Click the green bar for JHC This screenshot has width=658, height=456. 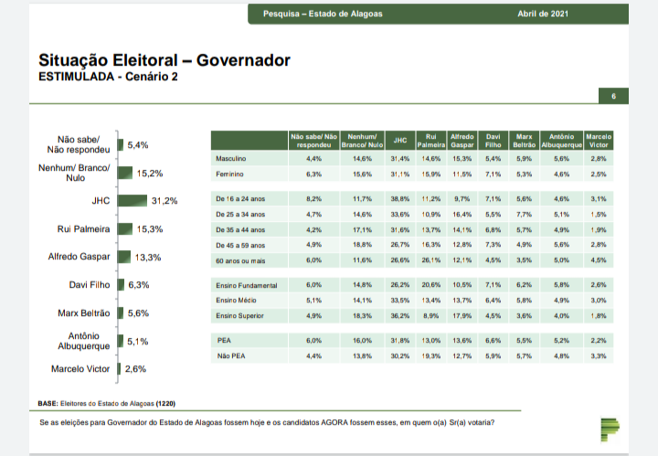[133, 201]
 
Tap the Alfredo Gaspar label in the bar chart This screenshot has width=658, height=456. [80, 257]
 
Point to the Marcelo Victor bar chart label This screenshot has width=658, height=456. [81, 369]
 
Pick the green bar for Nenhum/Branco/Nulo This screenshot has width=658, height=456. [124, 173]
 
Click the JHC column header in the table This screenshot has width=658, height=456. [399, 141]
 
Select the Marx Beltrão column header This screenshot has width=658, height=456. [524, 141]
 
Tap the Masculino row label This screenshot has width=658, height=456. [229, 159]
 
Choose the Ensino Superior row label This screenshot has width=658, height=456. [239, 315]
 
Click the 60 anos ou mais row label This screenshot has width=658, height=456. [240, 260]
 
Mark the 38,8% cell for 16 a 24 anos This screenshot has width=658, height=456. [399, 198]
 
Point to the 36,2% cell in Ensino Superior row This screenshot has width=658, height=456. [399, 315]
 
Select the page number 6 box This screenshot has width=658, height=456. [613, 96]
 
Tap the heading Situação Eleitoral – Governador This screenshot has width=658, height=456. [164, 60]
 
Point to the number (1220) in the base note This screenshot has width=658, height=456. [166, 403]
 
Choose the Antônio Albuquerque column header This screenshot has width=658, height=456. [561, 141]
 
